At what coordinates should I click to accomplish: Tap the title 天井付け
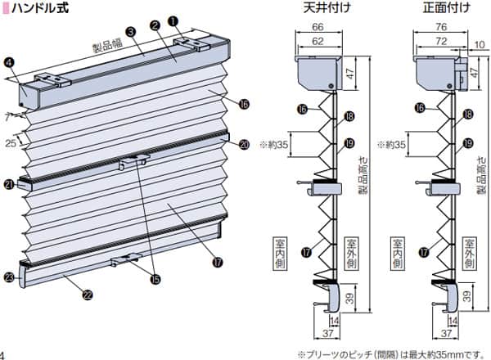tap(320, 11)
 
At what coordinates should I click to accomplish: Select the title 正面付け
tap(439, 11)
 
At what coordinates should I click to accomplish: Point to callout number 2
tap(155, 25)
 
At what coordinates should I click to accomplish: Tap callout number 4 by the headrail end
tap(9, 61)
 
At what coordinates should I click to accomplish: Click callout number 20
tap(245, 145)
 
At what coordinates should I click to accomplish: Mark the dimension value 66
tap(318, 27)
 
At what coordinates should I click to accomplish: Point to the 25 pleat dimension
tap(11, 144)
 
